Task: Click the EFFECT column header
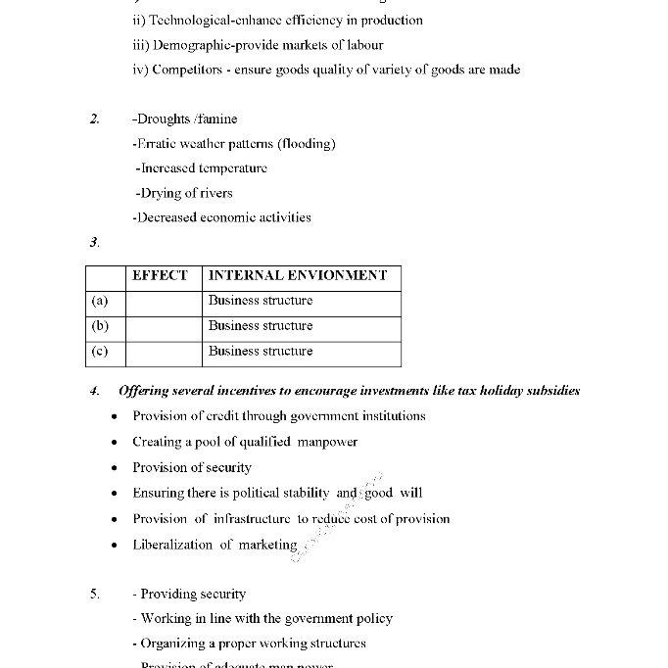tap(160, 276)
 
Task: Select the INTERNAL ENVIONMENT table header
tap(298, 276)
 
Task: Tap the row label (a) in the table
tap(99, 302)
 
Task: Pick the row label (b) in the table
tap(99, 326)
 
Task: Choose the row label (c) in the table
tap(99, 352)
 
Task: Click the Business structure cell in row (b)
tap(261, 326)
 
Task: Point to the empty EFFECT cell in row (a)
tap(164, 302)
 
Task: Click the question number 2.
tap(95, 119)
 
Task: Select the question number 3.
tap(94, 242)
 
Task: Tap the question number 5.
tap(95, 595)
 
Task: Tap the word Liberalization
tap(172, 545)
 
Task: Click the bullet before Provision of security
tap(115, 468)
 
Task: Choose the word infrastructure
tap(252, 519)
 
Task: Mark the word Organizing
tap(179, 644)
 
